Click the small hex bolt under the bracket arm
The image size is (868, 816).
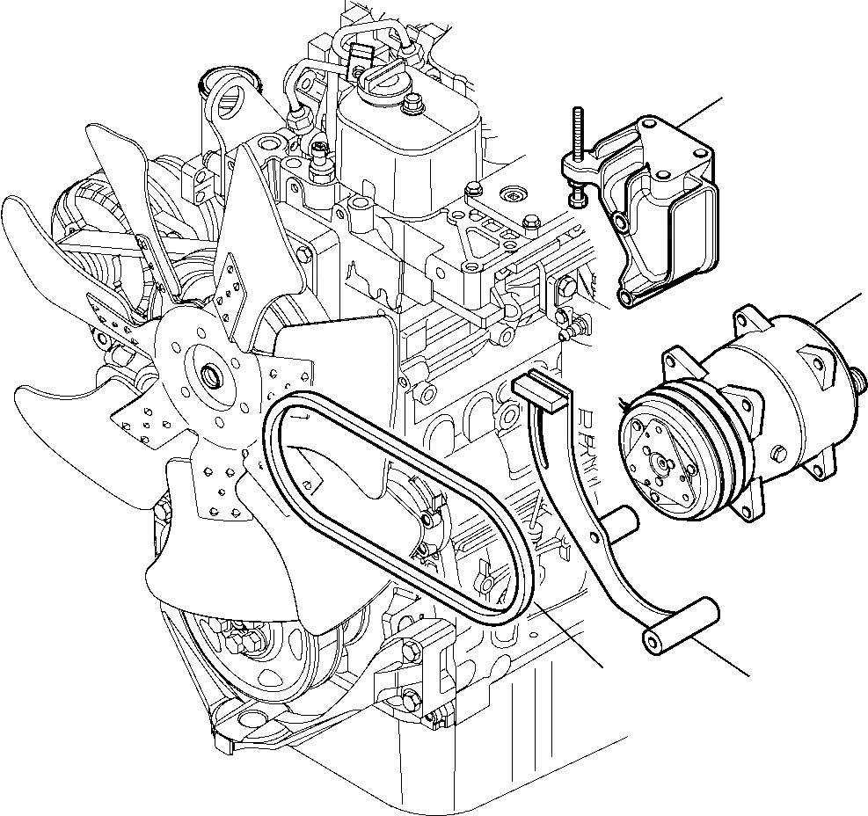pos(577,200)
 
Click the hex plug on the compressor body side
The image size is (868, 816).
pos(779,453)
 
